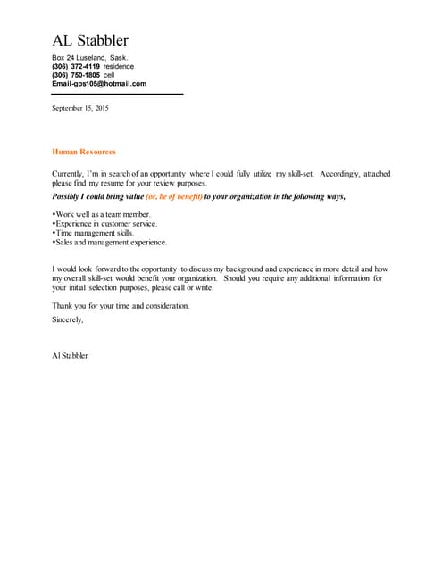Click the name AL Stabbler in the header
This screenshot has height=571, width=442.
(90, 40)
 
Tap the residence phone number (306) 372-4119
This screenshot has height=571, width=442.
(76, 66)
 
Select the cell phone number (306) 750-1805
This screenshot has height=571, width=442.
(76, 75)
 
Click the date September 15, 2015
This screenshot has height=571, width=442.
(80, 108)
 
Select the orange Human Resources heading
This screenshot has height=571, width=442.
(84, 152)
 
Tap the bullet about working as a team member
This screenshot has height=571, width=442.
(103, 215)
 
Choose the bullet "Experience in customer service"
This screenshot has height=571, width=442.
(105, 224)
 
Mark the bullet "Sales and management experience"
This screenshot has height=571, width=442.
(110, 242)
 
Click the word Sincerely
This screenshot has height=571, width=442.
(68, 319)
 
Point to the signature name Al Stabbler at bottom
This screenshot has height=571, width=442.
(71, 356)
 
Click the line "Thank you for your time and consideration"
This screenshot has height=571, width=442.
(121, 306)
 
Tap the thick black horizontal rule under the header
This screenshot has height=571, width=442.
(117, 94)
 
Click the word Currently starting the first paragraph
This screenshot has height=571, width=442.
(70, 174)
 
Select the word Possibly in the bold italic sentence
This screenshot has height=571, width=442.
(70, 196)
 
